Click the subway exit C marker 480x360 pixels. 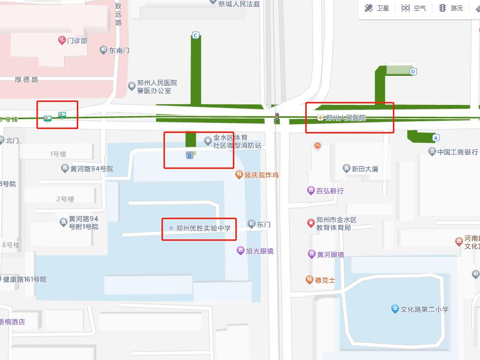[x=196, y=35]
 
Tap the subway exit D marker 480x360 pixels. [x=413, y=71]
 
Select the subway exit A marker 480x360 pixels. [x=435, y=137]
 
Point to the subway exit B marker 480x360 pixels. [x=189, y=156]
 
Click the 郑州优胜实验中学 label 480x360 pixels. [x=203, y=228]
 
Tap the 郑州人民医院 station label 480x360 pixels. [x=346, y=118]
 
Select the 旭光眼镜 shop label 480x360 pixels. [x=259, y=251]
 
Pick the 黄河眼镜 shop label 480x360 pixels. [x=330, y=255]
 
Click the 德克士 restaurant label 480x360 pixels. [x=325, y=280]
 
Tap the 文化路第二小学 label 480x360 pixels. [x=424, y=309]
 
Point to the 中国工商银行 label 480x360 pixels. [x=457, y=152]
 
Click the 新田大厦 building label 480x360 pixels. [x=364, y=169]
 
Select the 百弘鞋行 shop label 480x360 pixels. [x=329, y=191]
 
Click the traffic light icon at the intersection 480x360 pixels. [x=277, y=118]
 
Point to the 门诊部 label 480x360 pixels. [x=77, y=40]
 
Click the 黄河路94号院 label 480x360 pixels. [x=91, y=169]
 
